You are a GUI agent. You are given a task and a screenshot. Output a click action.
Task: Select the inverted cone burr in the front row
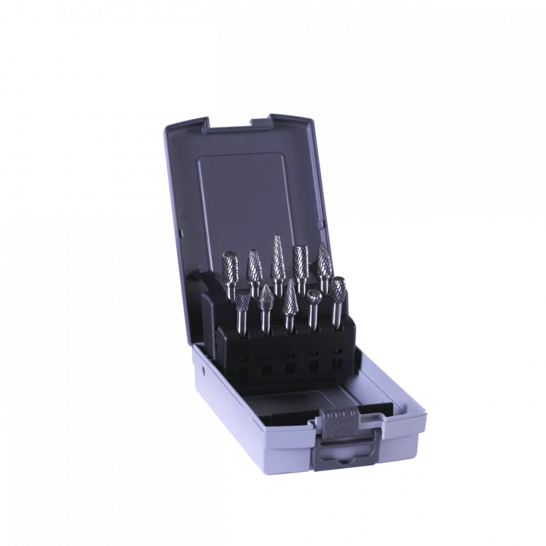tap(242, 300)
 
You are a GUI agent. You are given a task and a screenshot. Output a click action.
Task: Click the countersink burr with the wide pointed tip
tap(266, 296)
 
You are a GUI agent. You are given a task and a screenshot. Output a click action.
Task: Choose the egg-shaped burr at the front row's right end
tap(339, 290)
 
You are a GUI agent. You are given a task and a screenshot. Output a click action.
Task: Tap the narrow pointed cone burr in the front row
tap(289, 298)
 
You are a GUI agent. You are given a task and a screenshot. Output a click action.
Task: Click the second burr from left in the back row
tap(253, 265)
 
